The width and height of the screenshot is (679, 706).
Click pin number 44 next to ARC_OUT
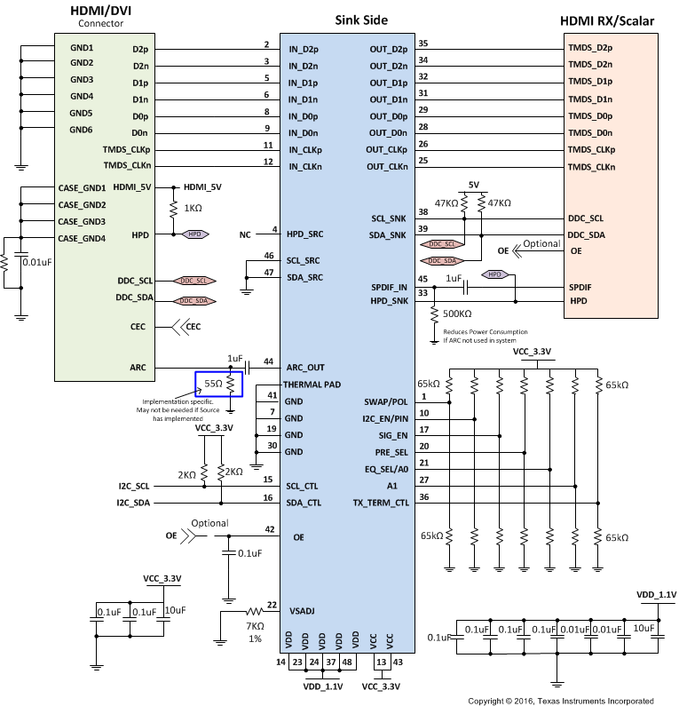click(x=268, y=362)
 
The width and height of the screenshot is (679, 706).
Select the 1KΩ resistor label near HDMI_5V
click(x=193, y=207)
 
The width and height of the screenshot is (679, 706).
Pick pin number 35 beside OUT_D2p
click(x=423, y=44)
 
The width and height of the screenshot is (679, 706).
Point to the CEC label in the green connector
click(x=136, y=327)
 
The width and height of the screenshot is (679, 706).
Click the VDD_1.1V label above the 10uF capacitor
click(x=656, y=594)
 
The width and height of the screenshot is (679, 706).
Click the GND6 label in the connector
click(x=82, y=130)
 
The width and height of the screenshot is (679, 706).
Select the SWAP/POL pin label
click(x=386, y=402)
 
